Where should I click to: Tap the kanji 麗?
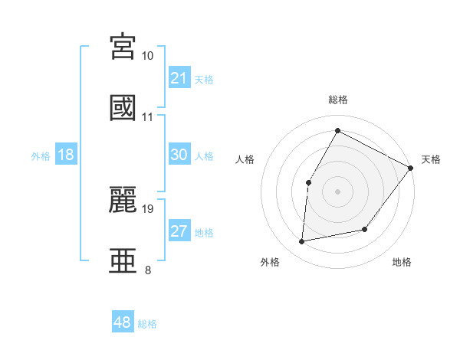tap(124, 198)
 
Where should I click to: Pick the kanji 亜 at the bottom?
tap(124, 259)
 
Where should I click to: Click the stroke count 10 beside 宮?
tap(148, 56)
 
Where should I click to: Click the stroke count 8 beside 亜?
tap(148, 270)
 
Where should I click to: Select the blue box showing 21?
tap(179, 78)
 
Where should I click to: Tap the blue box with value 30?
tap(179, 155)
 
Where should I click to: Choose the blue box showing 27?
tap(179, 231)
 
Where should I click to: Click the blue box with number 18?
tap(66, 155)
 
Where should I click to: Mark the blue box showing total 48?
tap(123, 322)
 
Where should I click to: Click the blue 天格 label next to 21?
tap(204, 79)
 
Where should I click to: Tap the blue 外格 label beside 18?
tap(41, 155)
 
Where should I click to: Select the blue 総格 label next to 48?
tap(147, 323)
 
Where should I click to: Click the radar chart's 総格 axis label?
tap(337, 100)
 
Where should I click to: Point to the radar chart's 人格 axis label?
tap(245, 159)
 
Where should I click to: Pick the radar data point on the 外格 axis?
tap(302, 242)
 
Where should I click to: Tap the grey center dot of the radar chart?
tap(337, 191)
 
